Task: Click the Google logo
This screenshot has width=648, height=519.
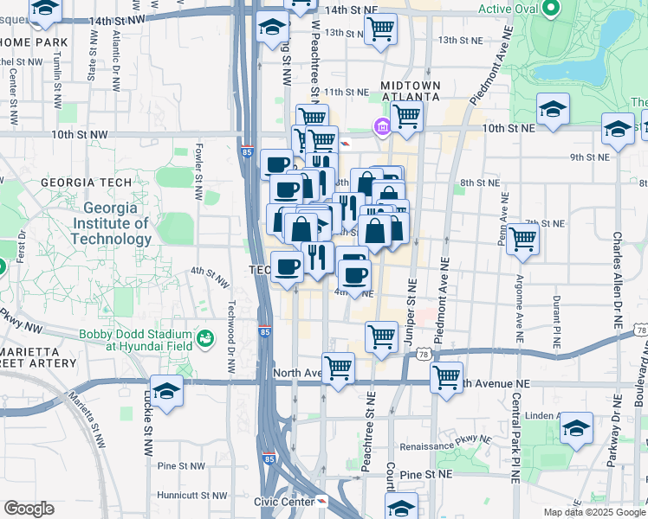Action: coord(29,509)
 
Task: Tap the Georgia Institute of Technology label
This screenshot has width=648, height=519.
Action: coord(117,224)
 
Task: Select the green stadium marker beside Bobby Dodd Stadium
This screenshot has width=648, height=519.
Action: coord(205,336)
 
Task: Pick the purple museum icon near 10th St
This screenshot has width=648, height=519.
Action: coord(380,128)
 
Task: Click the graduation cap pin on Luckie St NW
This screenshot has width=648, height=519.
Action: coord(166,391)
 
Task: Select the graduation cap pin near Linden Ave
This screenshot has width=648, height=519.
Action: coord(576,428)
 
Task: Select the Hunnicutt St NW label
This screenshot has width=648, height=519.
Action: coord(191,496)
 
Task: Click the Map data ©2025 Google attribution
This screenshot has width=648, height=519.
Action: coord(593,512)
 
